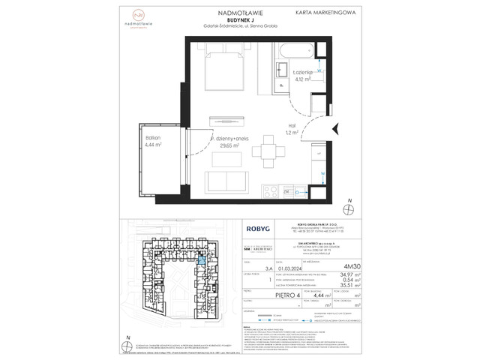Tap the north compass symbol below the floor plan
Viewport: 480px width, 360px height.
click(x=347, y=208)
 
